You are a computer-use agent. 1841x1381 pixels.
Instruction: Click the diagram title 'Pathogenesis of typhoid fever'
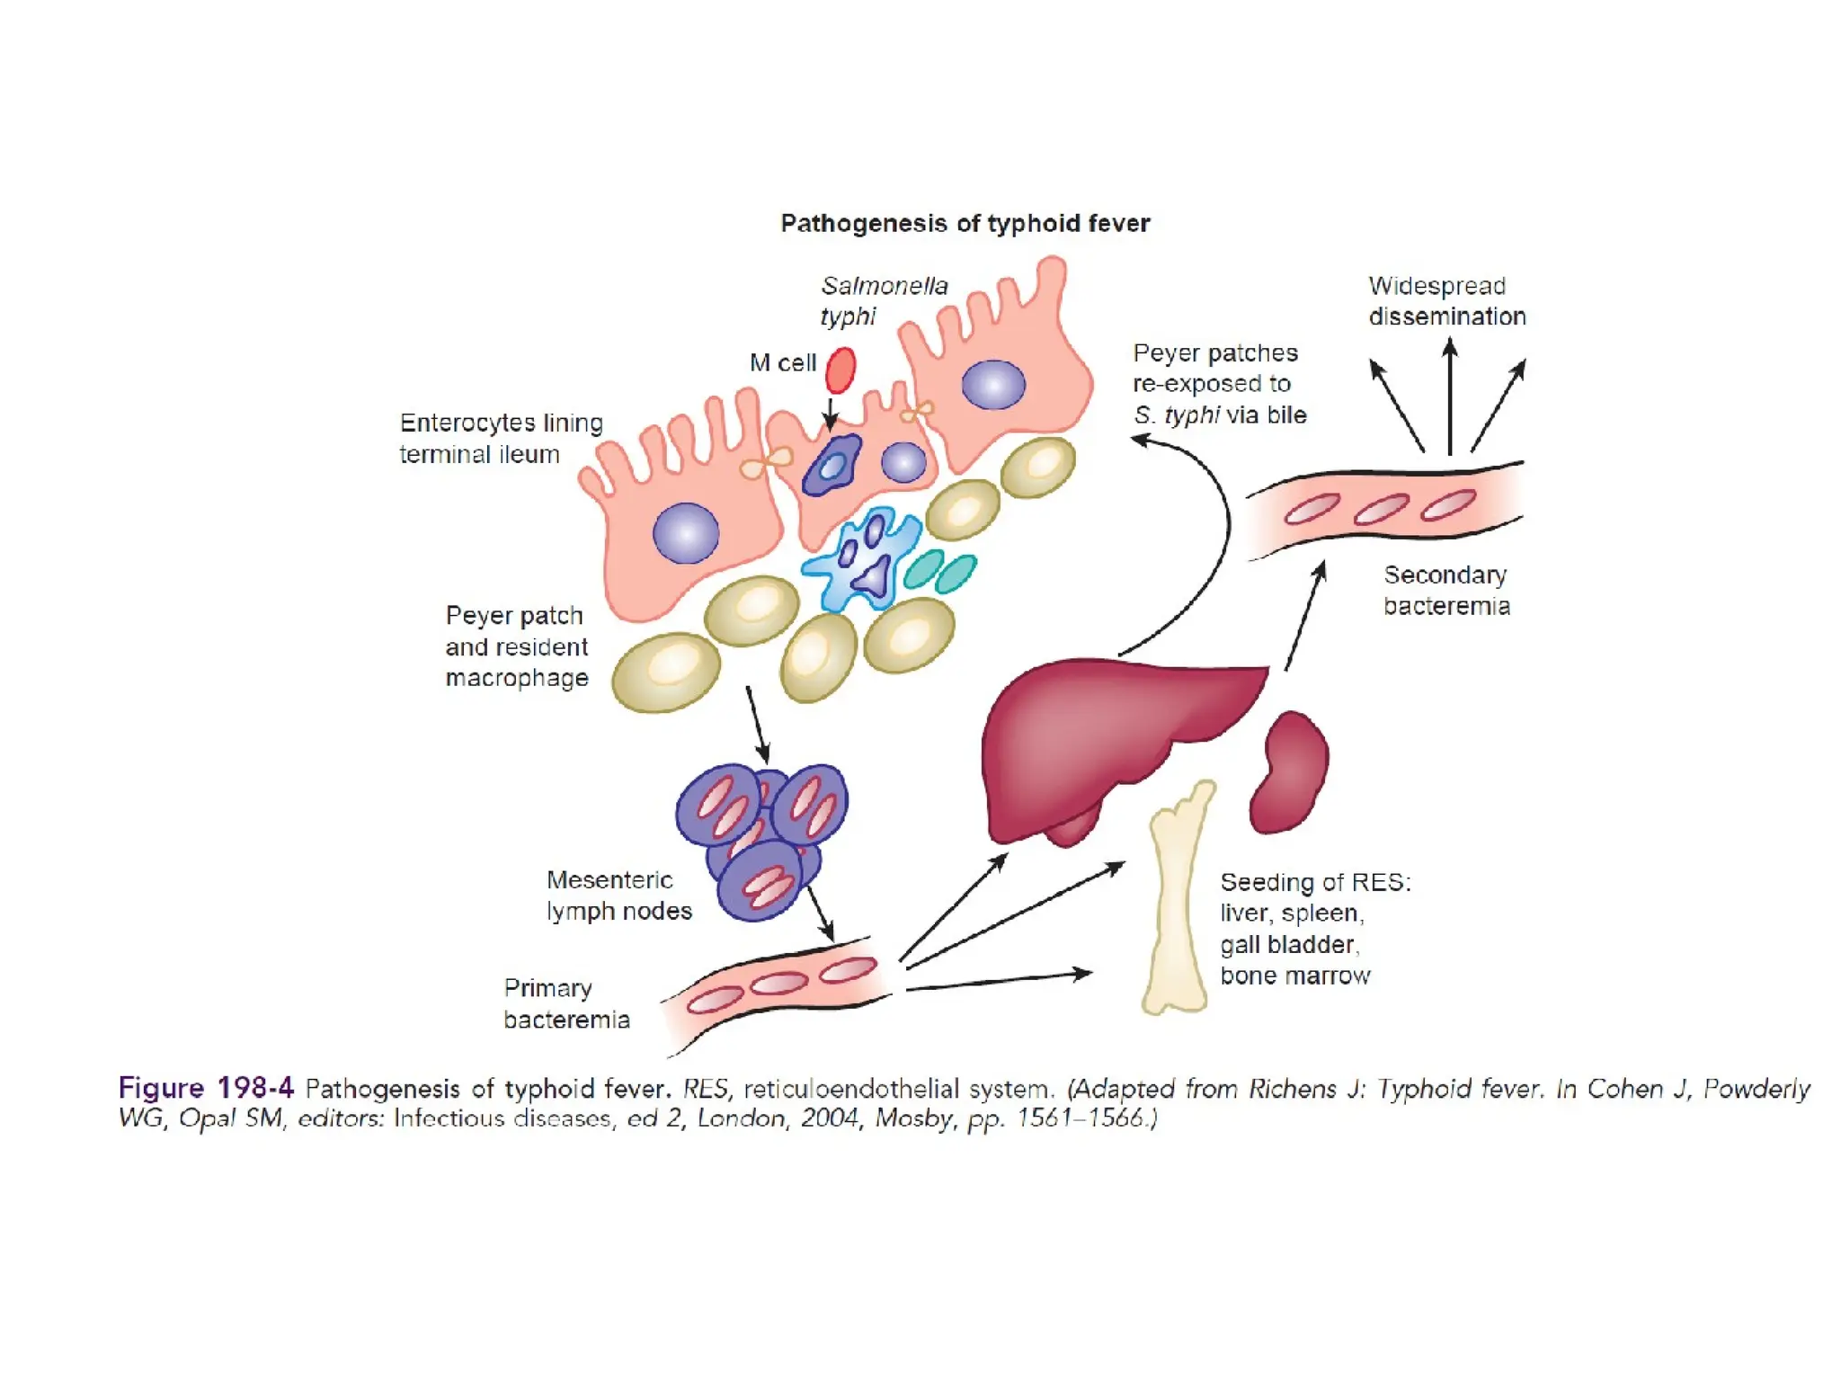965,223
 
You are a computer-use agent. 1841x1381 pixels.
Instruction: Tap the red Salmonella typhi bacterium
840,370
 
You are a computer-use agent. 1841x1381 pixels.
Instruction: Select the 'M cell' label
782,362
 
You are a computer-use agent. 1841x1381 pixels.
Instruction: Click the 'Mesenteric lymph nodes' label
618,895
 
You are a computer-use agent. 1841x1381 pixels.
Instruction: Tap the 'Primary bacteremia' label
566,1003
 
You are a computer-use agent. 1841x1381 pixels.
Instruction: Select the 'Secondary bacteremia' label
1445,590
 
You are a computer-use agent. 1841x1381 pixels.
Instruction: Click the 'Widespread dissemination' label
1446,301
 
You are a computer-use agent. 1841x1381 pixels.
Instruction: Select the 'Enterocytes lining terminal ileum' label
501,438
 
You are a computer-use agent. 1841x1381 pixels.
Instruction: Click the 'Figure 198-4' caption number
206,1088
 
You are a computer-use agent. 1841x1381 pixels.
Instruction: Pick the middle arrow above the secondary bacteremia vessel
1449,396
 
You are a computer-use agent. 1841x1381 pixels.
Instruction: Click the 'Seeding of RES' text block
1314,929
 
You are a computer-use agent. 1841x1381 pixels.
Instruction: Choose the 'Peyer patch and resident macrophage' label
516,646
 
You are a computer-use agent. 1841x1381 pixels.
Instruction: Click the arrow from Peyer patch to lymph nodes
758,725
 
